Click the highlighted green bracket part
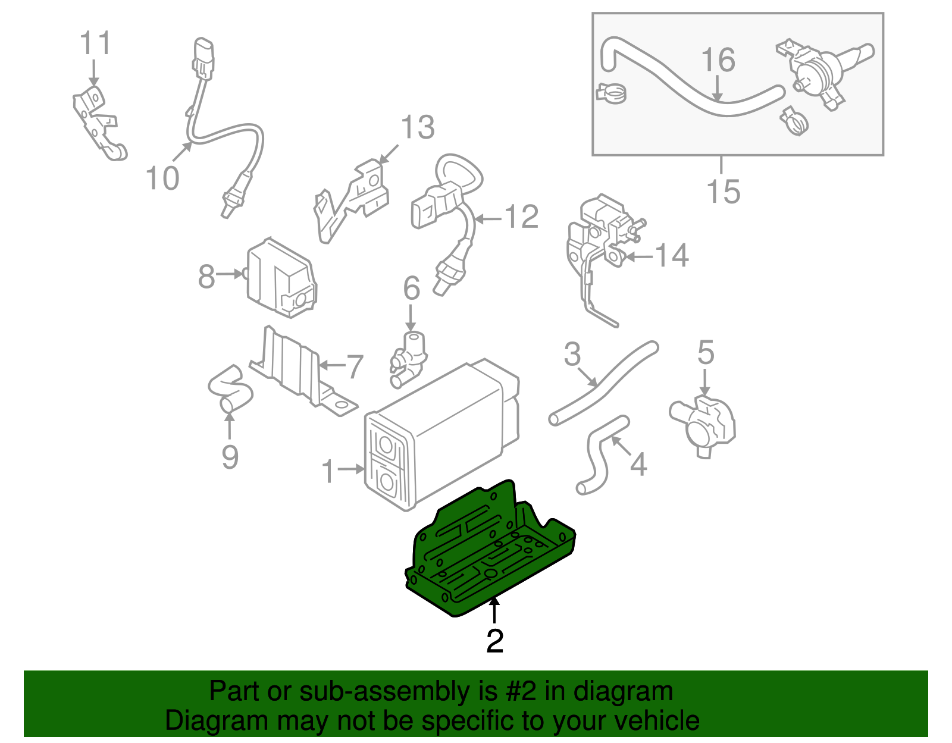tap(488, 553)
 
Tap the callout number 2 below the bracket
tap(494, 641)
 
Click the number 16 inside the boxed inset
tap(718, 60)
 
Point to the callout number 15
tap(723, 192)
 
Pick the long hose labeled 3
tap(601, 384)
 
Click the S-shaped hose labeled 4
tap(598, 455)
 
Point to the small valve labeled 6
tap(409, 360)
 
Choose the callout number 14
tap(671, 256)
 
